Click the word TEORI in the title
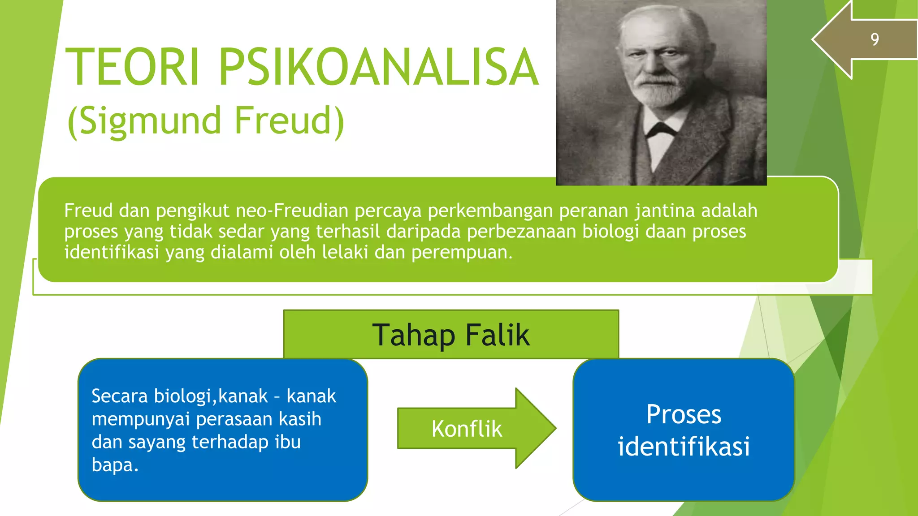coord(133,67)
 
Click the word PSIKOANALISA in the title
coord(378,67)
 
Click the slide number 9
coord(875,39)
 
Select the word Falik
coord(498,335)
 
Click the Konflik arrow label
coord(467,429)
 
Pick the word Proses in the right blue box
coord(684,414)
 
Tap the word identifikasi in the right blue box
coord(684,447)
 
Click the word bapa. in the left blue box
coord(115,465)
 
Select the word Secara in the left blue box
coord(120,396)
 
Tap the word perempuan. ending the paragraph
coord(462,253)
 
